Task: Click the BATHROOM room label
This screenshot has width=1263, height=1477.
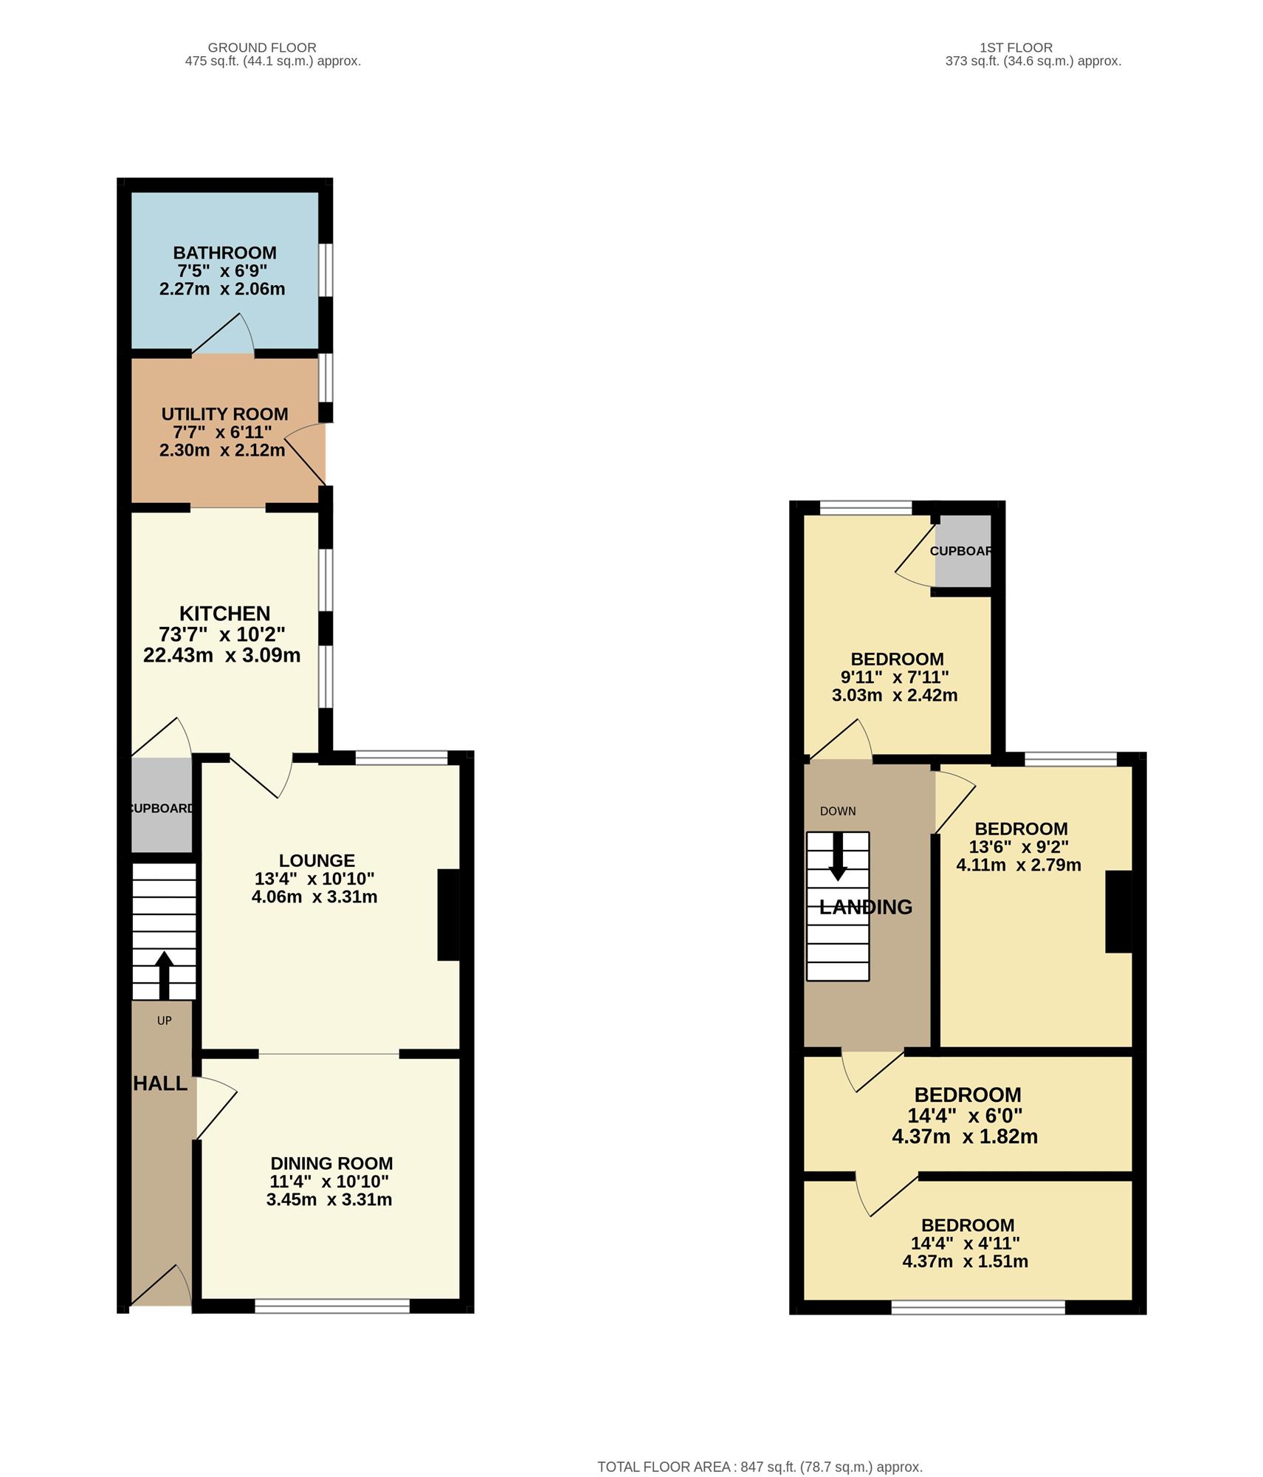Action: [x=224, y=253]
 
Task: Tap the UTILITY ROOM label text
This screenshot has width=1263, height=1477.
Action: [x=224, y=414]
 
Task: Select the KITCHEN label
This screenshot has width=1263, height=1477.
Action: [x=224, y=614]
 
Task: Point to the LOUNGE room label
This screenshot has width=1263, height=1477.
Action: [x=317, y=860]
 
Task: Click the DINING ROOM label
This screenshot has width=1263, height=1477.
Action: [x=331, y=1163]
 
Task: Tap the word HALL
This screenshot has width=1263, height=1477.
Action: [x=160, y=1083]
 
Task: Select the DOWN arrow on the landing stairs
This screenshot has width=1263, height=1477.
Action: [x=837, y=857]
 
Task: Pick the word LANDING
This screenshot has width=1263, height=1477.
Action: [x=866, y=907]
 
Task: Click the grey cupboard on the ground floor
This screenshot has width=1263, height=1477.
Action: [x=162, y=805]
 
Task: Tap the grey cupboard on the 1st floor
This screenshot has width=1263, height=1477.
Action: [x=963, y=551]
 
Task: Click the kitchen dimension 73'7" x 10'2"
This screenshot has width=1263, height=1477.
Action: [x=221, y=634]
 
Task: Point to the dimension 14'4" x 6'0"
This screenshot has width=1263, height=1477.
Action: [x=965, y=1116]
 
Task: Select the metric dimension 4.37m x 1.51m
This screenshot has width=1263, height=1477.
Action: [x=965, y=1261]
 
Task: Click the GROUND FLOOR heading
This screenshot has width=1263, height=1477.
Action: [x=262, y=48]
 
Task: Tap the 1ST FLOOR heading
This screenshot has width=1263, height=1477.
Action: [x=1016, y=48]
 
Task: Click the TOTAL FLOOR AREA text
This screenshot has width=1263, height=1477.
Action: [x=760, y=1447]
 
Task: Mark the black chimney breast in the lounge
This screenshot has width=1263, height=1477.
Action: [x=449, y=915]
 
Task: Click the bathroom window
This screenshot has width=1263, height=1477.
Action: [x=326, y=270]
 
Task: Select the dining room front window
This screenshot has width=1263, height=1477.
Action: [x=332, y=1306]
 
